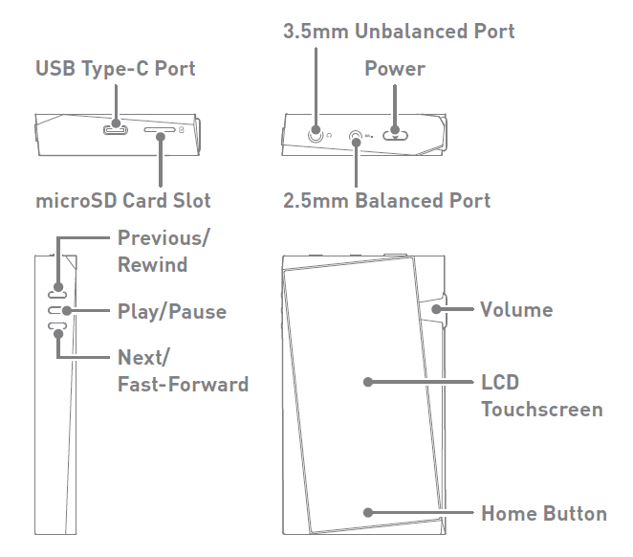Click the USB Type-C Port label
tap(115, 69)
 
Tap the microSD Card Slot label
tap(122, 201)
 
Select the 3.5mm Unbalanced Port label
tap(399, 32)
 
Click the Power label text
tap(394, 69)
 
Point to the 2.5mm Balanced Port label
tap(386, 201)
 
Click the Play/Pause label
tap(171, 311)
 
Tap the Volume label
tap(516, 309)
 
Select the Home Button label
tap(543, 513)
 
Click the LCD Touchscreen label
tap(541, 395)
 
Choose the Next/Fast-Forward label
tap(183, 371)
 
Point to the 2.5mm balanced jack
tap(356, 136)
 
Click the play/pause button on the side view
tap(58, 310)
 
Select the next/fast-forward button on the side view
tap(58, 330)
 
